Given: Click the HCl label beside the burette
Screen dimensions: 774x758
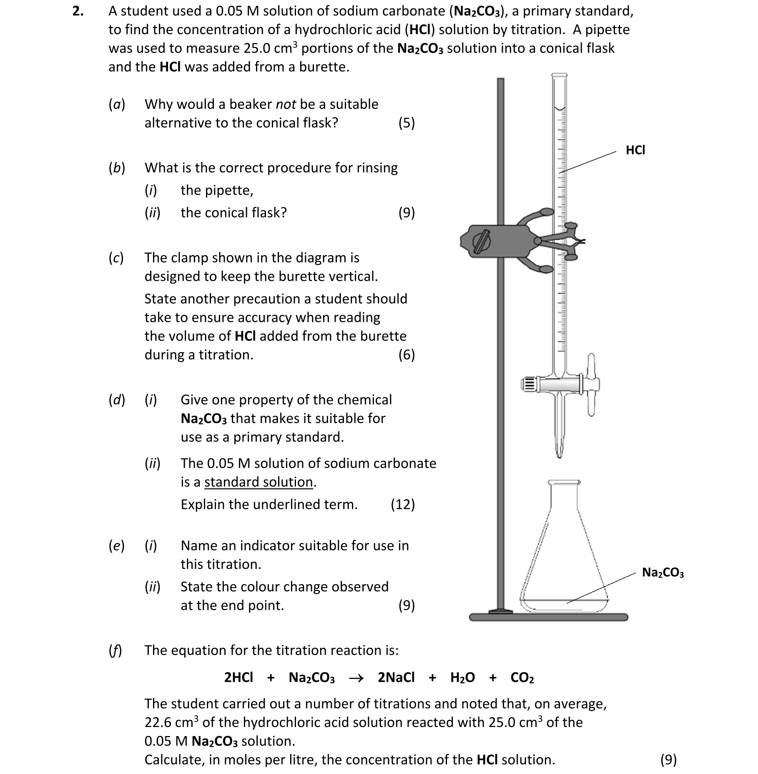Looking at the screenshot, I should point(635,150).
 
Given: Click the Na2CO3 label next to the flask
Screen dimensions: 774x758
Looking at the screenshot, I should point(663,572).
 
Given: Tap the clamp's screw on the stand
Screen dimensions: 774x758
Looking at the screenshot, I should point(481,241).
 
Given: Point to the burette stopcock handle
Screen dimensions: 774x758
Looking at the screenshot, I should point(591,384).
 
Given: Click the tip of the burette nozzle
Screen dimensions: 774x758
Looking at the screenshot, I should point(560,455).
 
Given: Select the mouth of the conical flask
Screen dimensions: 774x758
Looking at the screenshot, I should point(564,483).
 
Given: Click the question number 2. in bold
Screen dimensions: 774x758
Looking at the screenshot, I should point(78,11).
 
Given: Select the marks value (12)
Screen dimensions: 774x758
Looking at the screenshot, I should point(402,504).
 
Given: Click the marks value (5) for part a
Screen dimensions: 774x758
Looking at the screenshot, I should point(407,123).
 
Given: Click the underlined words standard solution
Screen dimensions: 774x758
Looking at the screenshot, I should point(259,482).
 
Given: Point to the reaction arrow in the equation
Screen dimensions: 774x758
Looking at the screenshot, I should point(356,678).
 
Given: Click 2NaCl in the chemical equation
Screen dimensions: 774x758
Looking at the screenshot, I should point(396,678).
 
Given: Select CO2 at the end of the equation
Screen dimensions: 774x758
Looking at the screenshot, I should point(522,678).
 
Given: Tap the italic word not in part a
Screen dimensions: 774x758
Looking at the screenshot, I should point(286,104).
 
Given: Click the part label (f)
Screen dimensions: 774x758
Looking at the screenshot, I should point(115,650).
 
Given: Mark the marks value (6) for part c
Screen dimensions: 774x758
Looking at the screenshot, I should point(407,355).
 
